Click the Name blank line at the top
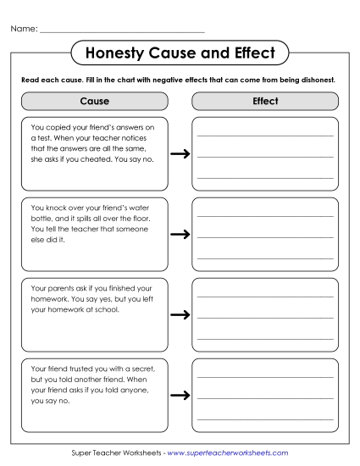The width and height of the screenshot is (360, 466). pyautogui.click(x=122, y=31)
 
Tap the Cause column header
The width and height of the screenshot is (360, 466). pyautogui.click(x=94, y=101)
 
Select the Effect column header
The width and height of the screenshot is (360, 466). pyautogui.click(x=265, y=101)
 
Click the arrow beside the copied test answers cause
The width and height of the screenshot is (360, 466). pyautogui.click(x=180, y=154)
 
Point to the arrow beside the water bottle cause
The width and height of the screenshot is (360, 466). pyautogui.click(x=180, y=234)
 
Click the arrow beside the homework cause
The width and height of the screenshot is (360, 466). pyautogui.click(x=180, y=314)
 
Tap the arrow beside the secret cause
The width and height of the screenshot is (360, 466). pyautogui.click(x=180, y=395)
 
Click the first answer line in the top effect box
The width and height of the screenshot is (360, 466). pyautogui.click(x=265, y=136)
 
